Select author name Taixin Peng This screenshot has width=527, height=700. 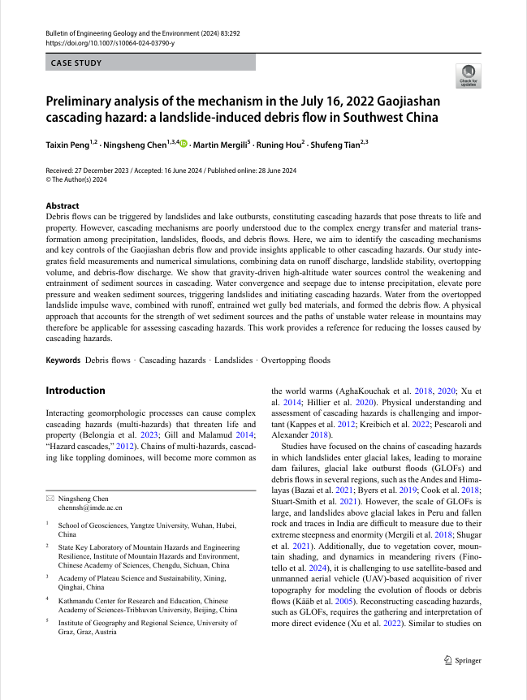69,145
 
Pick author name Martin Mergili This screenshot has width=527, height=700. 221,145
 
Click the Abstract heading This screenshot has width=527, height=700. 63,206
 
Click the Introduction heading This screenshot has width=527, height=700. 76,391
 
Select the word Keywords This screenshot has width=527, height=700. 63,360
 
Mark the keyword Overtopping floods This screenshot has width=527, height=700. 296,360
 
